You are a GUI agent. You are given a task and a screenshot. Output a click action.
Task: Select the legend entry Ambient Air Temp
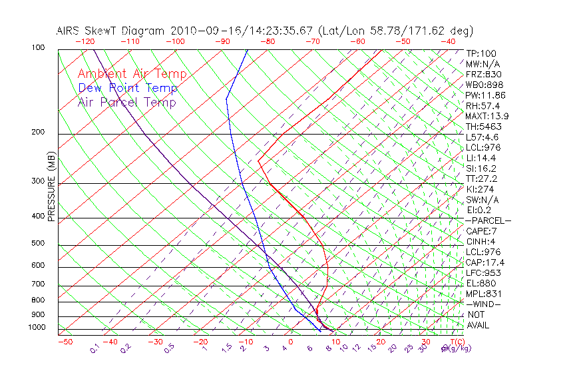click(x=132, y=74)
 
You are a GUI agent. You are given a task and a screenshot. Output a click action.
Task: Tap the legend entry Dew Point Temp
click(x=128, y=88)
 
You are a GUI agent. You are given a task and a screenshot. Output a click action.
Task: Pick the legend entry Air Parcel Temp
click(x=126, y=102)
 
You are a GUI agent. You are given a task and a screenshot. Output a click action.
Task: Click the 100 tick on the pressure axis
click(x=37, y=48)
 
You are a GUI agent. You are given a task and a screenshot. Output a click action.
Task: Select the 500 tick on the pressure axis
click(x=37, y=244)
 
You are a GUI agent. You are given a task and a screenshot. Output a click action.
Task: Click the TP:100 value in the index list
click(x=481, y=53)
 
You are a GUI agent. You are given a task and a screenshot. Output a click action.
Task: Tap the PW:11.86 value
click(x=485, y=95)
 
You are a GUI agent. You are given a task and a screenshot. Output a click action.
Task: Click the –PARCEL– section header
click(x=488, y=220)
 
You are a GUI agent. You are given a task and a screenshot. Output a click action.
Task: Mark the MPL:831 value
click(x=483, y=293)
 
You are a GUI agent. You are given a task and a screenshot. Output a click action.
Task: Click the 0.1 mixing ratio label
click(x=95, y=348)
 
